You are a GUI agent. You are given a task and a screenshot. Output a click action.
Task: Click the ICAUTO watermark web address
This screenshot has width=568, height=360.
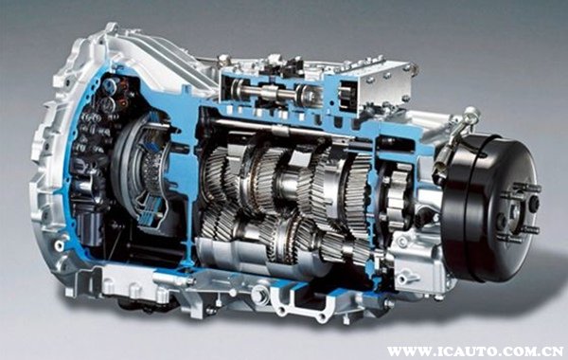[x=475, y=351]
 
